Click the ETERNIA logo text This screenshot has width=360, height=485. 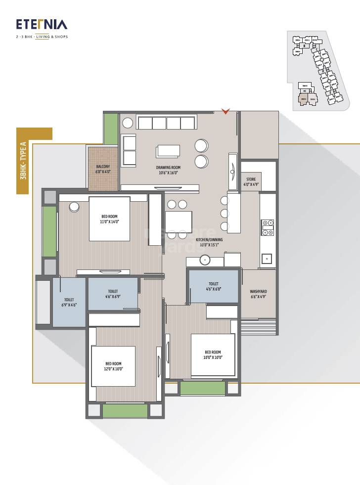click(x=42, y=24)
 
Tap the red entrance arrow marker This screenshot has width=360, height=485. click(x=225, y=112)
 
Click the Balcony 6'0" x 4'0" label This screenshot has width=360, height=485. click(x=103, y=170)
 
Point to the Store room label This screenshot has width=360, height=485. click(x=251, y=182)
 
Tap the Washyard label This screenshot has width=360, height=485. click(x=258, y=294)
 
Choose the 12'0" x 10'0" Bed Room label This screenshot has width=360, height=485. click(x=113, y=366)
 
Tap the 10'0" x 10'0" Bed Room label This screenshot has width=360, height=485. click(x=213, y=354)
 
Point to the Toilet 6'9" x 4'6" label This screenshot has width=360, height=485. click(x=69, y=303)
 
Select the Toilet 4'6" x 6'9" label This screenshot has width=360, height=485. click(x=113, y=294)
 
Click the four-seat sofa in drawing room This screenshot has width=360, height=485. click(x=166, y=123)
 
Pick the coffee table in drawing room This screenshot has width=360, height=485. click(x=168, y=151)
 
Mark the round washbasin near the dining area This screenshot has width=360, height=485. click(x=205, y=260)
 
